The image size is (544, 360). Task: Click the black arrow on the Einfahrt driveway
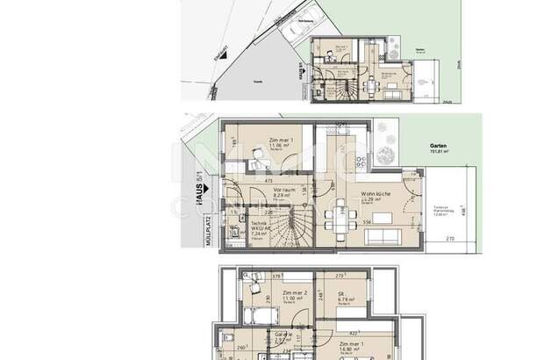click(223, 54)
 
